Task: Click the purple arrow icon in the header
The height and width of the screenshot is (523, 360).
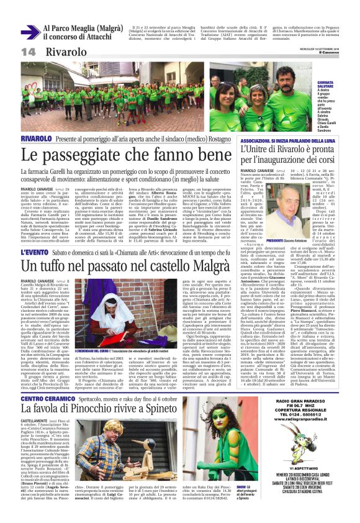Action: pos(30,32)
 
